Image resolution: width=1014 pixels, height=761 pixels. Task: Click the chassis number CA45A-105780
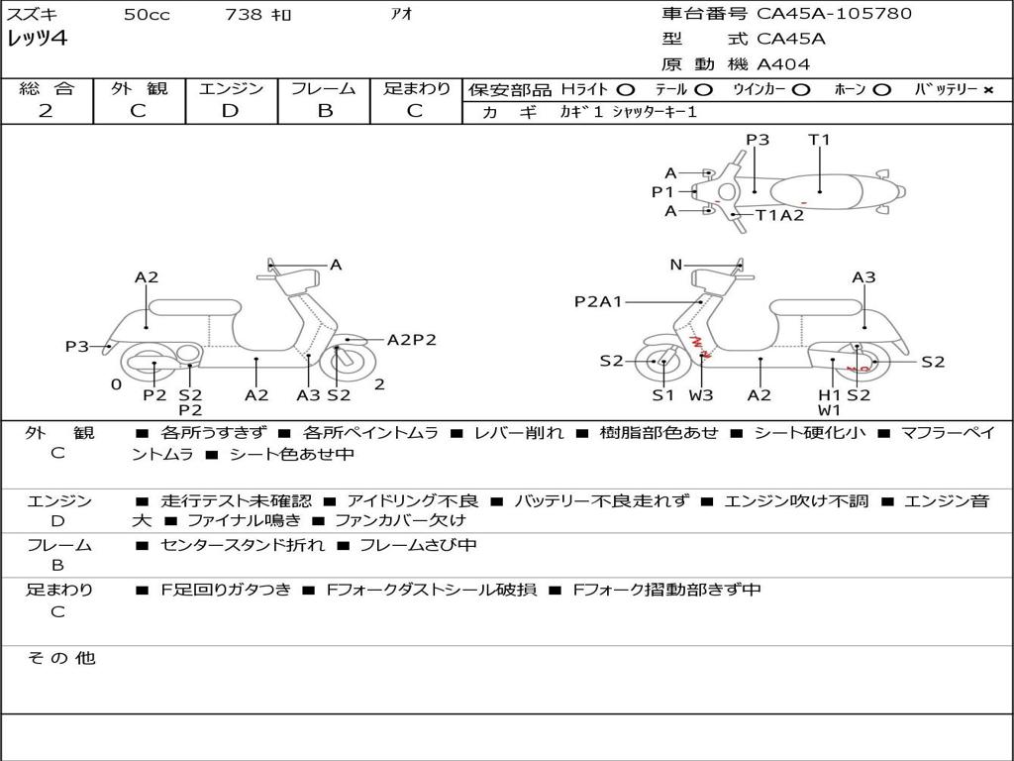(834, 14)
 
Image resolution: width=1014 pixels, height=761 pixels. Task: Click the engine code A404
(783, 64)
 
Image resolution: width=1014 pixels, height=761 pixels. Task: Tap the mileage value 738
(244, 14)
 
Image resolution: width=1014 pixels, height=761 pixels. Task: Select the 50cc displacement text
(147, 14)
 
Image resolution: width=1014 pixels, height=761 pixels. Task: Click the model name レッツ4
(37, 39)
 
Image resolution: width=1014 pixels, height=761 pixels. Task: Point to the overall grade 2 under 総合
(46, 111)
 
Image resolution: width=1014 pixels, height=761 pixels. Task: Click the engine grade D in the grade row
(230, 111)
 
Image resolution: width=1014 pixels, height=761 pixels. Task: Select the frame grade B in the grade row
(325, 111)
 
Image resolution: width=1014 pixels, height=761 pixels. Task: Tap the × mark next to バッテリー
(988, 90)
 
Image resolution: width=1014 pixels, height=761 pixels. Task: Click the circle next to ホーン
(881, 90)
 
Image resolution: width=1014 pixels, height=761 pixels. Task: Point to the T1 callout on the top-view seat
(819, 139)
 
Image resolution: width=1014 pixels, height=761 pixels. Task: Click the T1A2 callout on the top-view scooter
(779, 215)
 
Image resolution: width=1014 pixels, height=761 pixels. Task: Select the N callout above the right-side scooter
(675, 265)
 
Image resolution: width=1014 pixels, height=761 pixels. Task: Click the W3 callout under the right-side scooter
(701, 394)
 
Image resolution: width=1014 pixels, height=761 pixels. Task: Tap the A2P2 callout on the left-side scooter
(411, 340)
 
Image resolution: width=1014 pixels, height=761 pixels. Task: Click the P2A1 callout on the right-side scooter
(598, 301)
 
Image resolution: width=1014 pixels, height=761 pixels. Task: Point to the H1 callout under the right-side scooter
(829, 394)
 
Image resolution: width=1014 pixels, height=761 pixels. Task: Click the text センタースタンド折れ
(243, 545)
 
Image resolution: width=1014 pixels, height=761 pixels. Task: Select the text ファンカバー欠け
(400, 519)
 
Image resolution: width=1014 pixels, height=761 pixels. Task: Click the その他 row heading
(61, 658)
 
